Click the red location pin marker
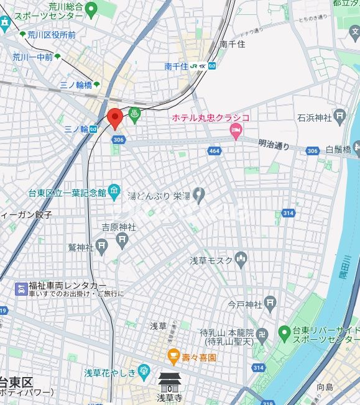coord(114,117)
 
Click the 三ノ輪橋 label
coord(75,84)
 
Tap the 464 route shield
coord(215,151)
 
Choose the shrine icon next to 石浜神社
coord(339,116)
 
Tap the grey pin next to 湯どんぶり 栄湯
coord(199,195)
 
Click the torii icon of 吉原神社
coord(123,239)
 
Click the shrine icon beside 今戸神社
coord(270,304)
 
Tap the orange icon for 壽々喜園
coord(173,357)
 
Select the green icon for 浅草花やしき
coord(144,373)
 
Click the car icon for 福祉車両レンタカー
coord(21,288)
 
